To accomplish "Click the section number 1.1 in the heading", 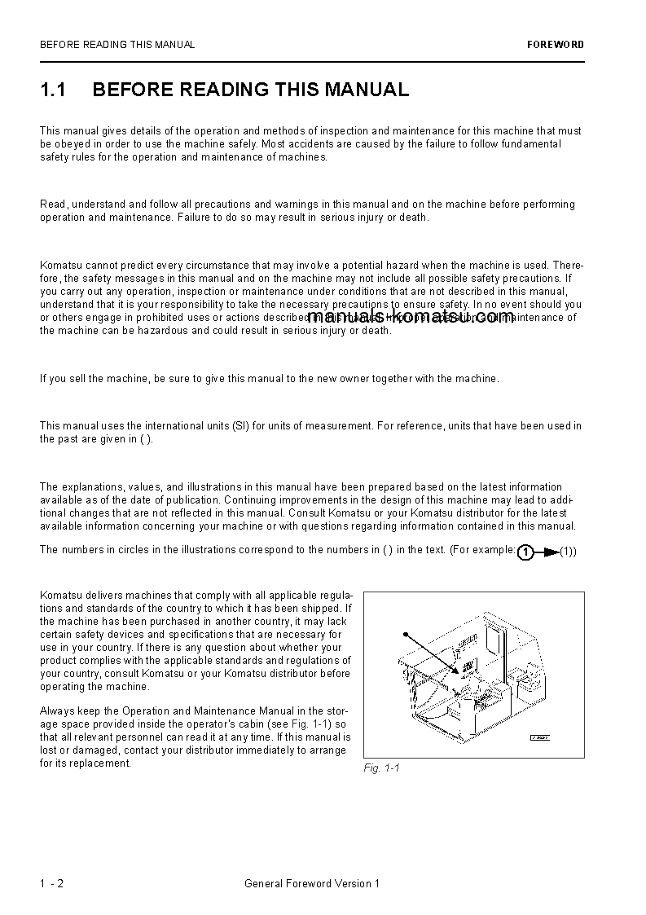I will tap(53, 90).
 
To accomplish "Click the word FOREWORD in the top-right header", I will tap(556, 45).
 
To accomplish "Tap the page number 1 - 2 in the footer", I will tap(51, 883).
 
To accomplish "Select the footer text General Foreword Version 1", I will tap(312, 883).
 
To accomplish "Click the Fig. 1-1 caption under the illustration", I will tap(381, 768).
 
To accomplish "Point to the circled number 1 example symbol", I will tap(526, 552).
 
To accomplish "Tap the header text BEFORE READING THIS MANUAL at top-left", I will tap(117, 45).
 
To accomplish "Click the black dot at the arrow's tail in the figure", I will tap(405, 633).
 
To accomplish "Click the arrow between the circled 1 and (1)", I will tap(547, 552).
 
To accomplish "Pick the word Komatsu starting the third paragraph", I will tap(59, 265).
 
